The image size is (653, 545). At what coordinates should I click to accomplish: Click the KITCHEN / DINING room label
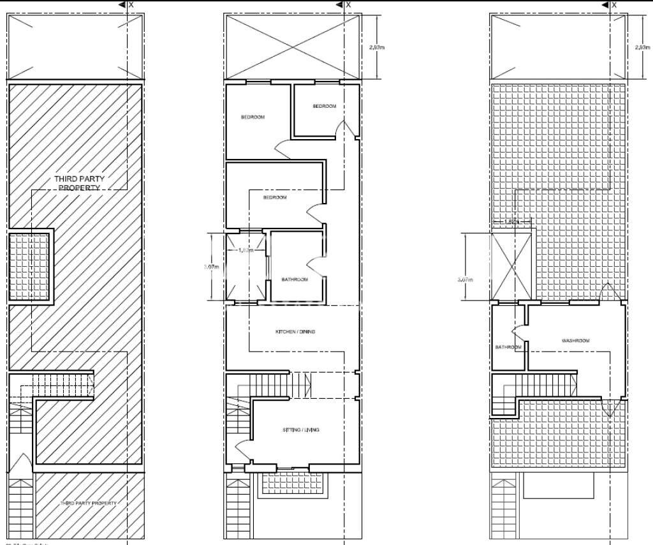pos(295,332)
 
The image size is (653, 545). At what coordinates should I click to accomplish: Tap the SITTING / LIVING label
pos(300,430)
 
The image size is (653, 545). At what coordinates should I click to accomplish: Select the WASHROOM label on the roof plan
pos(575,341)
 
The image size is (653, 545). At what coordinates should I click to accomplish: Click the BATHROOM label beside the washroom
pos(508,347)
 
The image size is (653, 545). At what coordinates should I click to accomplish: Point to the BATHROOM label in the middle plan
pos(295,280)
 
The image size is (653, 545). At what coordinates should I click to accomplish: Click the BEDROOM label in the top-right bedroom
pos(324,106)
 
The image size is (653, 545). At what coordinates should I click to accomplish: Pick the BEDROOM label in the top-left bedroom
pos(253,117)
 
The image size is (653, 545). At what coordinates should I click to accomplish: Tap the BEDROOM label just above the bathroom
pos(275,198)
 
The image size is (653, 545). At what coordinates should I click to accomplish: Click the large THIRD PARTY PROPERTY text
pos(79,184)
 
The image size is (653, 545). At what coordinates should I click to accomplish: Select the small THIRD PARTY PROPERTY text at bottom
pos(89,503)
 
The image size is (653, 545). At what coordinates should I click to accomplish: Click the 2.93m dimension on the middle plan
pos(377,47)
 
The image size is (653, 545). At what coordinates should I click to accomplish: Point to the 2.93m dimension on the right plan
pos(642,47)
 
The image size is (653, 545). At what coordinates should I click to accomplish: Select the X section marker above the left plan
pos(131,4)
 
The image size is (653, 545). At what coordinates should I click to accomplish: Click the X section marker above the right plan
pos(613,4)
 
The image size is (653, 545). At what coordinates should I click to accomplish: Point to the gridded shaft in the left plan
pos(29,267)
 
